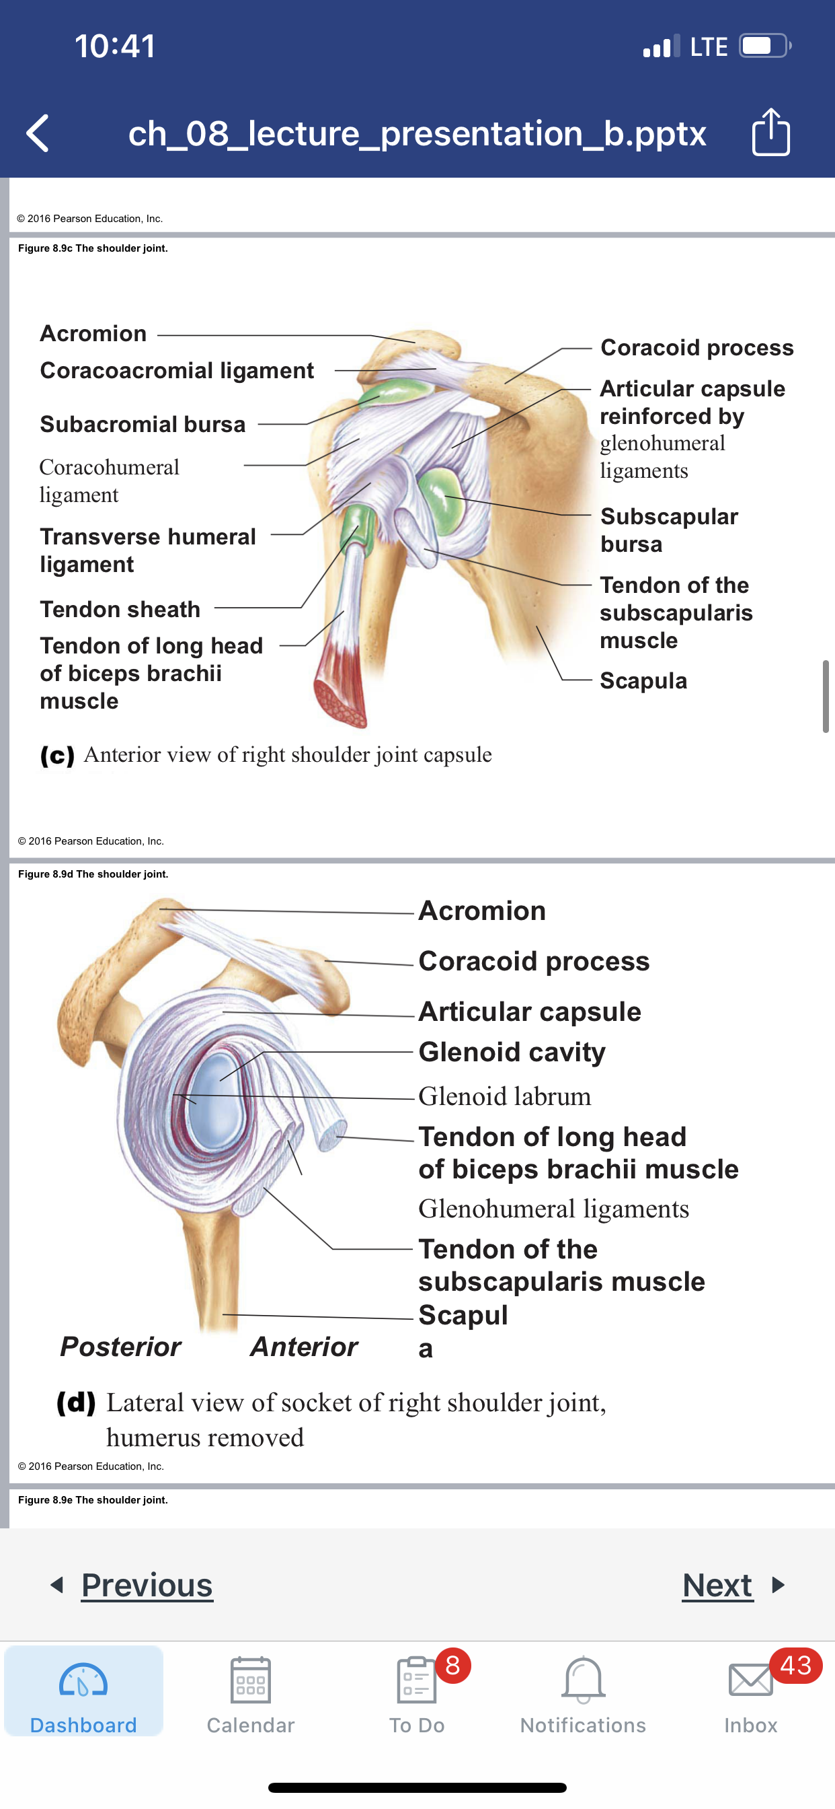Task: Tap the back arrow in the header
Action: tap(37, 133)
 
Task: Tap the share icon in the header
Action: tap(770, 131)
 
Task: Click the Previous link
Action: tap(147, 1585)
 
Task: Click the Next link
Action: tap(718, 1585)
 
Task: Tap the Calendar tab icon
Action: tap(251, 1680)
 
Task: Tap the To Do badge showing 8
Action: tap(452, 1664)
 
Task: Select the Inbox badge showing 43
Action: tap(796, 1665)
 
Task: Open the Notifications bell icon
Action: tap(583, 1680)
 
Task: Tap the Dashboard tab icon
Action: tap(83, 1680)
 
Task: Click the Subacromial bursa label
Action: tap(143, 424)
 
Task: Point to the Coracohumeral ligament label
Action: tap(110, 481)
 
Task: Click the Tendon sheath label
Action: tap(120, 609)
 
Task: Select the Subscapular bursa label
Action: tap(669, 530)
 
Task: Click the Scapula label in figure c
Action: tap(643, 680)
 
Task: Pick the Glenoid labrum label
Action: tap(504, 1096)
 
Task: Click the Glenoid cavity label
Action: tap(512, 1052)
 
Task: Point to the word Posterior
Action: tap(121, 1346)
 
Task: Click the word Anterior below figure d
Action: tap(305, 1346)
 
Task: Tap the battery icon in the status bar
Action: tap(765, 46)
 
